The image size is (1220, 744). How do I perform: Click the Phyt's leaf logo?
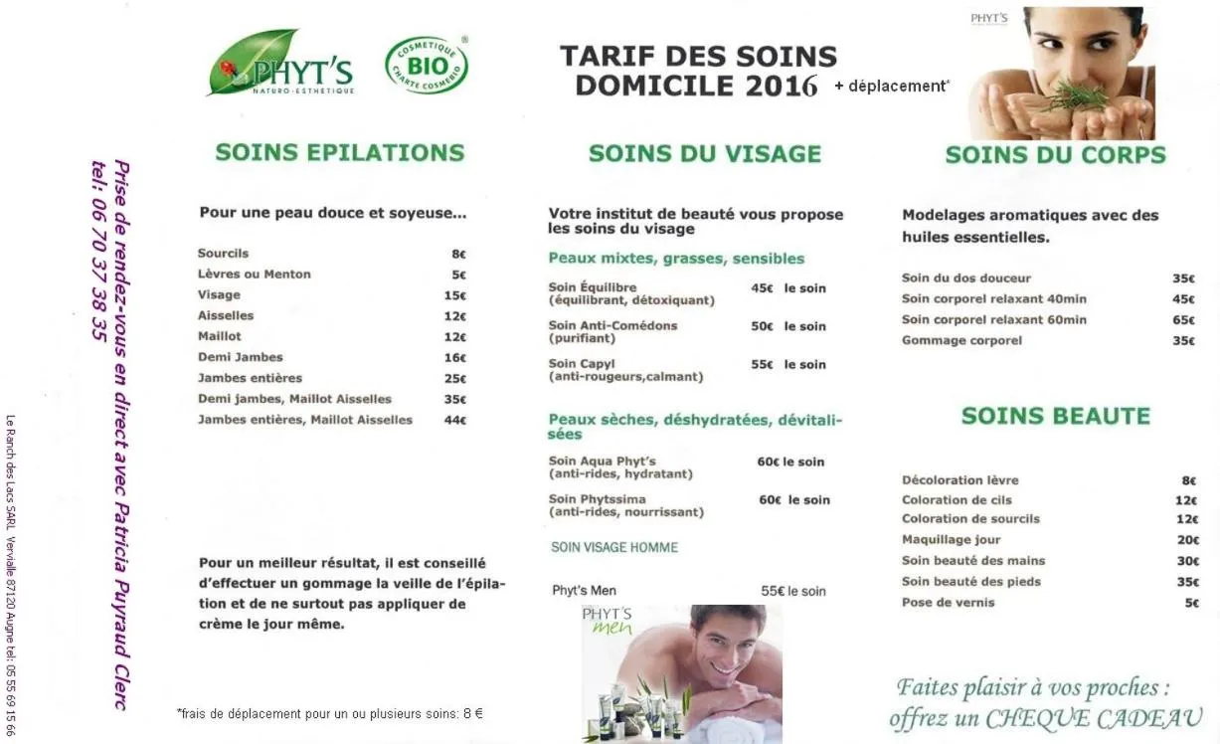[279, 64]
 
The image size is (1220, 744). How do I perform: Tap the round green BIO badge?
[427, 66]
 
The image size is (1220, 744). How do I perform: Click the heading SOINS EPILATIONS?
[340, 153]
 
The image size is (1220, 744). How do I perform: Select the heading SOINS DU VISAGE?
[705, 154]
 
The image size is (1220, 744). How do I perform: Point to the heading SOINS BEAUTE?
[1055, 417]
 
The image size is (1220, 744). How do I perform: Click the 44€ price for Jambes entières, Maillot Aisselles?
[455, 421]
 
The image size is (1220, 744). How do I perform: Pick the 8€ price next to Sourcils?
[458, 254]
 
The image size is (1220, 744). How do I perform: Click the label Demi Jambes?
[240, 357]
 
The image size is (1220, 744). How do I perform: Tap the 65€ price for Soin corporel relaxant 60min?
[1182, 320]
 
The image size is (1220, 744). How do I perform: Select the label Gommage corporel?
[961, 341]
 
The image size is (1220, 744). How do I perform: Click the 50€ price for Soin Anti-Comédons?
[762, 326]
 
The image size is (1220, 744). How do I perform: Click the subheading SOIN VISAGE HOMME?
[614, 548]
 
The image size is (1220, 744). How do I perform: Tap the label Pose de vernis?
[948, 603]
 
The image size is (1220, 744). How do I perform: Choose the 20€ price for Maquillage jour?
[1187, 540]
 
